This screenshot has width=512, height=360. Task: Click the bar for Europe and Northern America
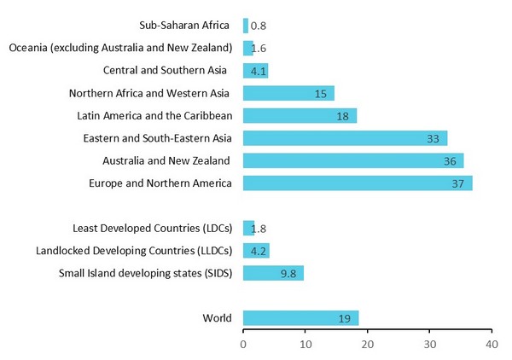358,183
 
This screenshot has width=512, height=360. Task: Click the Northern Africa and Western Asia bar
288,93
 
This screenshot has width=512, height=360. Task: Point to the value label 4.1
257,71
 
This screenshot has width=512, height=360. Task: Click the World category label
217,318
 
